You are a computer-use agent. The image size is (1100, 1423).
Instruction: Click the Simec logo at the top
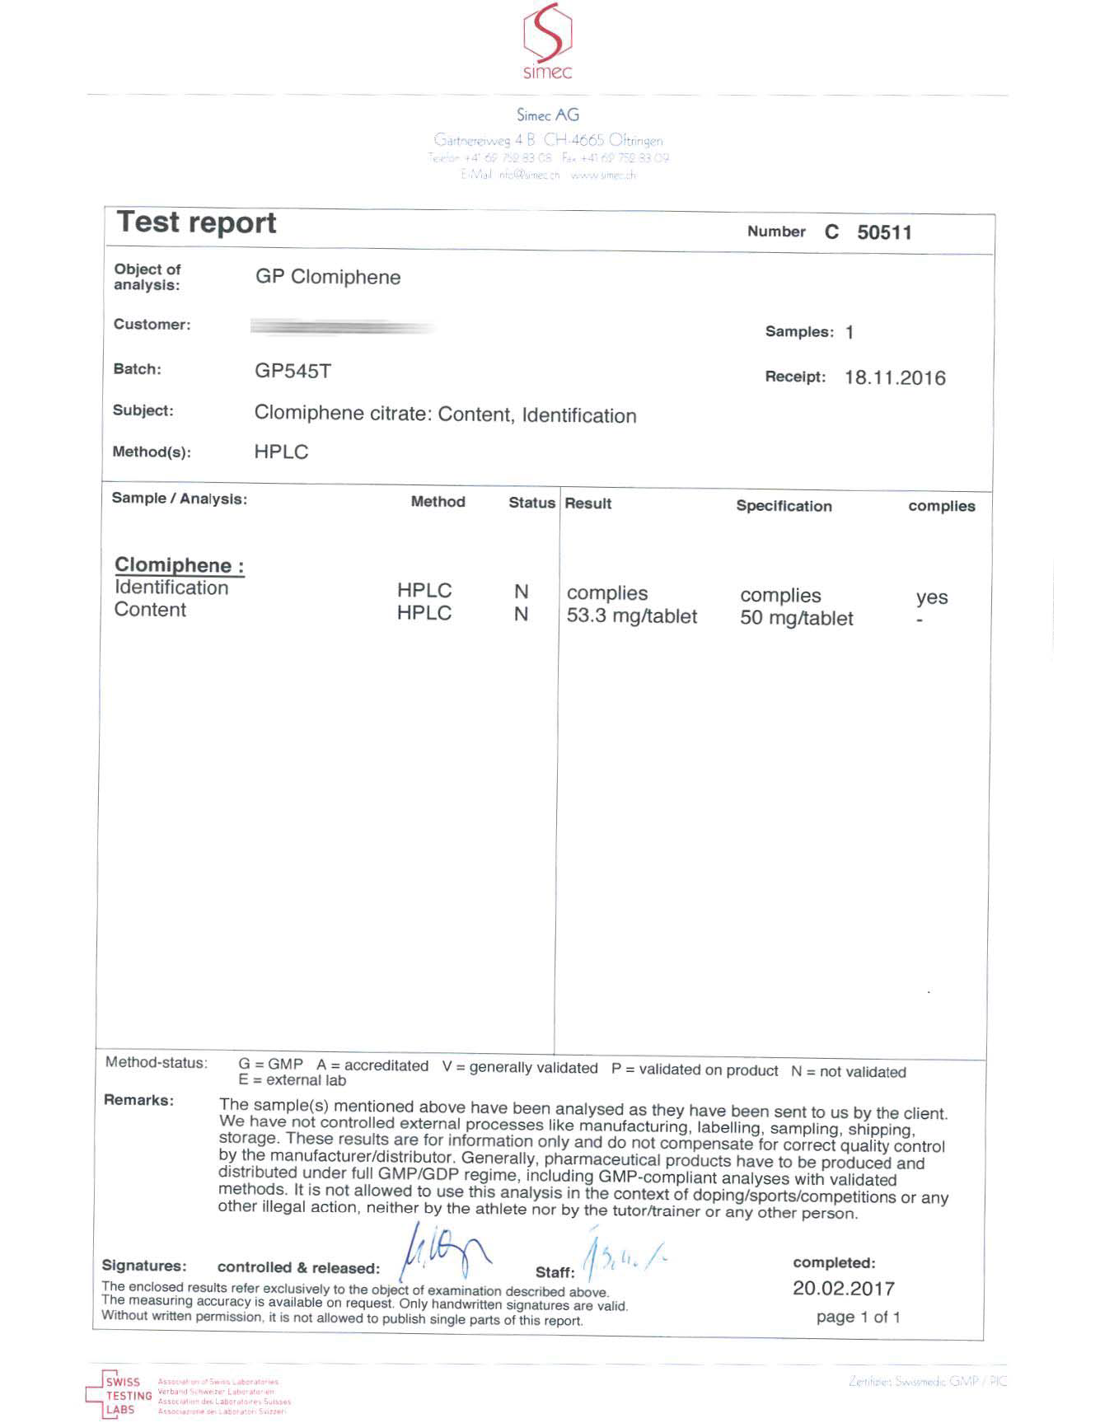click(548, 41)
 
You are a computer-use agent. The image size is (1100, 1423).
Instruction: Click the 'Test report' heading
click(196, 222)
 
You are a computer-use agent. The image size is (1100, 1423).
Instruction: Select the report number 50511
click(884, 232)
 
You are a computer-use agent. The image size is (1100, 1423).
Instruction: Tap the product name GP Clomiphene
click(327, 277)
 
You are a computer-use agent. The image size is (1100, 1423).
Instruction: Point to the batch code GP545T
click(293, 371)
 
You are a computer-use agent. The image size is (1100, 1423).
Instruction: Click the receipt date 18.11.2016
click(895, 378)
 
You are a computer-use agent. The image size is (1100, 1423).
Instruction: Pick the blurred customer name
click(342, 327)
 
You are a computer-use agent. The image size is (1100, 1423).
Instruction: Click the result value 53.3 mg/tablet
click(631, 616)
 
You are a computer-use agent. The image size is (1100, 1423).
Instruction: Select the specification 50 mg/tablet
click(796, 618)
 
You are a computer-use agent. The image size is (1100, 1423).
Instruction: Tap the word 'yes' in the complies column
click(931, 597)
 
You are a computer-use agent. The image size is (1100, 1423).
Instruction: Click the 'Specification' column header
click(784, 506)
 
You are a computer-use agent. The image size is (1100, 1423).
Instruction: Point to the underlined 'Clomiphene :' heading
click(179, 565)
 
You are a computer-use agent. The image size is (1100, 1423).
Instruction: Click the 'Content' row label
click(150, 610)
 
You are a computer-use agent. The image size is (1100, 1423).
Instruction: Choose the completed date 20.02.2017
click(843, 1288)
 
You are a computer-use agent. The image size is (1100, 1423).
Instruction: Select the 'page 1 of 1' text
click(858, 1317)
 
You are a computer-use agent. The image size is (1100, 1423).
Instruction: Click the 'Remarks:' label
click(138, 1100)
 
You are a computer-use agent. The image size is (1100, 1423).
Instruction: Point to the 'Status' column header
click(531, 503)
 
